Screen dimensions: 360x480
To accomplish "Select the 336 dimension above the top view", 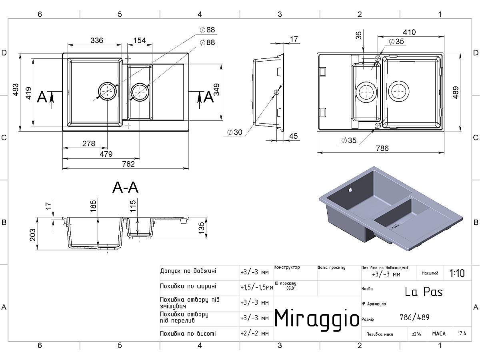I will pos(97,40).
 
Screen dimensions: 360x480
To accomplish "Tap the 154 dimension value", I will pos(140,40).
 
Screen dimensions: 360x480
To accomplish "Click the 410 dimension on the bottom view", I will pos(409,32).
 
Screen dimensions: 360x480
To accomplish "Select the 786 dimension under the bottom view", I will pos(382,148).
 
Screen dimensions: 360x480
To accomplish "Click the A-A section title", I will pos(126,187).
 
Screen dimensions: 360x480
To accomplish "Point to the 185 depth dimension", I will pos(94,206).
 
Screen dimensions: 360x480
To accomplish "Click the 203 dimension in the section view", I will pos(33,235).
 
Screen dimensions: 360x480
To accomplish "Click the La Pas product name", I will pos(424,292).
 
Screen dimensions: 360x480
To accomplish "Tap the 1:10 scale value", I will pos(457,273).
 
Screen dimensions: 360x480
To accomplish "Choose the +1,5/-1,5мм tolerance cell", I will pos(256,287).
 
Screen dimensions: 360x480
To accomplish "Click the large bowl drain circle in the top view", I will pos(107,92).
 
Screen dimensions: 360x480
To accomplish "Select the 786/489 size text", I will pos(414,317).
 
